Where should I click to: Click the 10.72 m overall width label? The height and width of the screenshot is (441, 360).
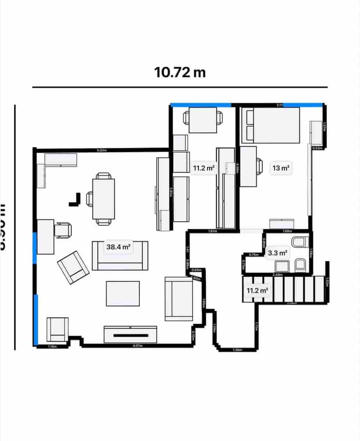pyautogui.click(x=180, y=72)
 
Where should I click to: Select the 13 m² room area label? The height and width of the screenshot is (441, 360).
pyautogui.click(x=281, y=168)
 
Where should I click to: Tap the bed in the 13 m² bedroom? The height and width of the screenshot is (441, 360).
pyautogui.click(x=270, y=125)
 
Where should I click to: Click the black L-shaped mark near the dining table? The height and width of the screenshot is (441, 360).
pyautogui.click(x=75, y=201)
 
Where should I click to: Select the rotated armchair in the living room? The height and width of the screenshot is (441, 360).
pyautogui.click(x=73, y=267)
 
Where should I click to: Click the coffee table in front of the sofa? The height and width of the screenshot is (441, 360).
pyautogui.click(x=123, y=293)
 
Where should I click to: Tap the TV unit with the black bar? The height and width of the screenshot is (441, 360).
pyautogui.click(x=130, y=334)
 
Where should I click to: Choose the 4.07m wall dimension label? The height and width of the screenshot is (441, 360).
pyautogui.click(x=138, y=345)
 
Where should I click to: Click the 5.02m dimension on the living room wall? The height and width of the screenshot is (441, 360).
pyautogui.click(x=101, y=150)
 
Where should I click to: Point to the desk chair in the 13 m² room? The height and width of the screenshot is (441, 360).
pyautogui.click(x=259, y=166)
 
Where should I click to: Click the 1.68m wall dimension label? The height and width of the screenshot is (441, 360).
pyautogui.click(x=287, y=231)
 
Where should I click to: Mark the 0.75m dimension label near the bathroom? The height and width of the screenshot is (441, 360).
pyautogui.click(x=253, y=255)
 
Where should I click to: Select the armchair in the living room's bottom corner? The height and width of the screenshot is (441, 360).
pyautogui.click(x=58, y=329)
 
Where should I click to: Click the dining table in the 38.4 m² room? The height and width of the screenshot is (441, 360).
pyautogui.click(x=104, y=198)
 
